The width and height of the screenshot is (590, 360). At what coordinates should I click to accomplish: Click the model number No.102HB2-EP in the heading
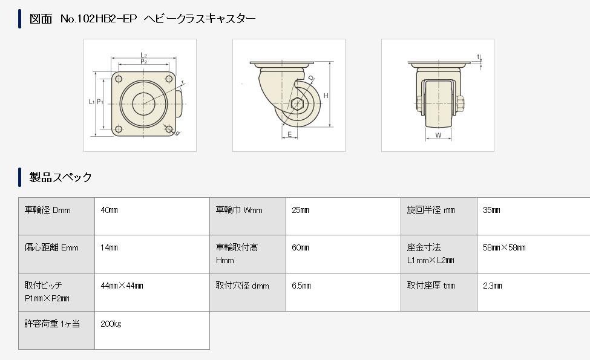[99, 19]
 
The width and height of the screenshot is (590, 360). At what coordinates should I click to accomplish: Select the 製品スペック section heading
[61, 177]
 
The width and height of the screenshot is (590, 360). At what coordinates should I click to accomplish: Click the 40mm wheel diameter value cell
[109, 211]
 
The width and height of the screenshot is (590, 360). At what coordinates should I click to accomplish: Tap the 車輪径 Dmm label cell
[47, 211]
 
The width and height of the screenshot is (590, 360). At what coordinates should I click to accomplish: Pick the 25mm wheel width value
[300, 211]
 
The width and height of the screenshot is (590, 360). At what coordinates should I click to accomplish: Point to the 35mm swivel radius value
[491, 211]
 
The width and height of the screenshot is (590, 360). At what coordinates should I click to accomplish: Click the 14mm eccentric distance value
[109, 248]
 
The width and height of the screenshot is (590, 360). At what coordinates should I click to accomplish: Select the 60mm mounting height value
[300, 248]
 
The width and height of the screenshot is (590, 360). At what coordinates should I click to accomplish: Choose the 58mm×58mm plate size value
[504, 248]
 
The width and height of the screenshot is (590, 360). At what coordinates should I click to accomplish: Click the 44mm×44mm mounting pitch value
[122, 286]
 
